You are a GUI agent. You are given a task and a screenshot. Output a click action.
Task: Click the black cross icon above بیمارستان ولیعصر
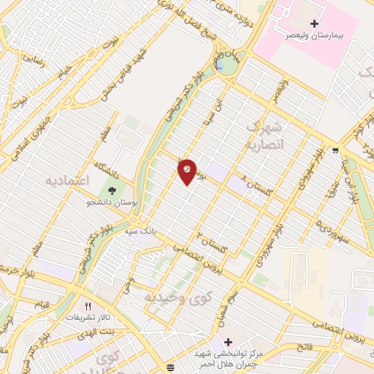pos(315,23)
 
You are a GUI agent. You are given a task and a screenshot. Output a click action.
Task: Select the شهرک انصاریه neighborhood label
pos(264,135)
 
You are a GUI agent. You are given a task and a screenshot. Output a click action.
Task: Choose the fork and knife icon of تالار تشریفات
pos(88,307)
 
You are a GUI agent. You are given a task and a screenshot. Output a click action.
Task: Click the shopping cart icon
pos(335,152)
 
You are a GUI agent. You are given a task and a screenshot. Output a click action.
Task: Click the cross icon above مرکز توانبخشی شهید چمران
pos(229,342)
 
